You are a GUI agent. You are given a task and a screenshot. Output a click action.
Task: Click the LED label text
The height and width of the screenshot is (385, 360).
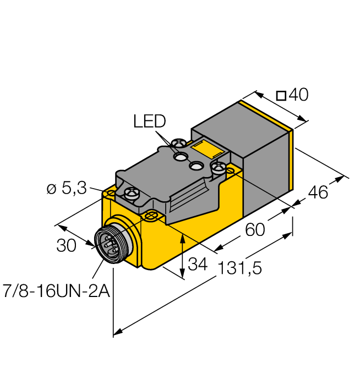tap(149, 121)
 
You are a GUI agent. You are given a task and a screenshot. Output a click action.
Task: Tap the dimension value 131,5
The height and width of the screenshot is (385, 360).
tap(239, 268)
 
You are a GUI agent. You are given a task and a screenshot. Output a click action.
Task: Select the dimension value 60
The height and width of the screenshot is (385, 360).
tap(255, 229)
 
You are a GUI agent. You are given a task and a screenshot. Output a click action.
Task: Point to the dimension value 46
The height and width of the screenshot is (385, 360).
tap(318, 193)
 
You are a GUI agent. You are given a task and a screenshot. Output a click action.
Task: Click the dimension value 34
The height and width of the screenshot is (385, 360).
tap(198, 264)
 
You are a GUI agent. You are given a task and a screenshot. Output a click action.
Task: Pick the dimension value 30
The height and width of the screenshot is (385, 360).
tap(66, 245)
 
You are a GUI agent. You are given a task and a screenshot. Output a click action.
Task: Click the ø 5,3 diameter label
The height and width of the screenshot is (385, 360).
tap(67, 188)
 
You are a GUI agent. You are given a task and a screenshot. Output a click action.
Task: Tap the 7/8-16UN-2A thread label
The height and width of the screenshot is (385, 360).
tap(56, 291)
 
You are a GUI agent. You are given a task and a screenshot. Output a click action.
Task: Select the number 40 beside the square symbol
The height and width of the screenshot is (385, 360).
tap(298, 95)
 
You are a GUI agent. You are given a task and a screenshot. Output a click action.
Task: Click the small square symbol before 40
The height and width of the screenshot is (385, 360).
tap(281, 96)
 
